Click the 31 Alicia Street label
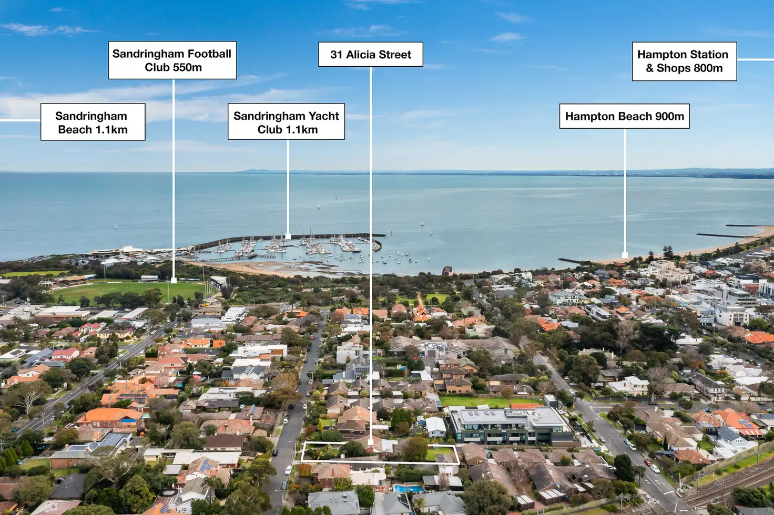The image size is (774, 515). coord(370,54)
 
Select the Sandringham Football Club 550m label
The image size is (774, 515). coord(172,60)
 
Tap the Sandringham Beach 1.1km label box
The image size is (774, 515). coord(93,122)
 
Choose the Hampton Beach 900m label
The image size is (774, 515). coord(624,116)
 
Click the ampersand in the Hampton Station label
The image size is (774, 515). coord(649,68)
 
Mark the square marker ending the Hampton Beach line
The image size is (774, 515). coord(625,255)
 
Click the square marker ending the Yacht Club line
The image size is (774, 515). coord(288,236)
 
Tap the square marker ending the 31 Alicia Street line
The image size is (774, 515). coord(371,442)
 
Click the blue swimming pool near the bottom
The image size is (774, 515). coord(409,489)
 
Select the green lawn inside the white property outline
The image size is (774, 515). coord(439,454)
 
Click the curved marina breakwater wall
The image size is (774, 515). coord(287,238)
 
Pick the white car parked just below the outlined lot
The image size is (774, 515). coord(288,470)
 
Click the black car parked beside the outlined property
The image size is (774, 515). coord(275,452)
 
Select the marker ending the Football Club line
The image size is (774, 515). coord(174,281)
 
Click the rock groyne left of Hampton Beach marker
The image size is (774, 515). coord(572,261)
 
